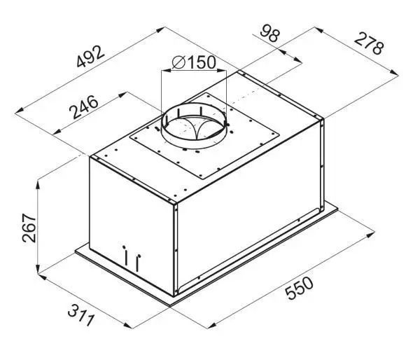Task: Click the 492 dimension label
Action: point(90,57)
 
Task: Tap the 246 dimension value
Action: point(83,106)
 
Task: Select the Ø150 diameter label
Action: point(194,62)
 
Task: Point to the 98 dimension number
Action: point(270,33)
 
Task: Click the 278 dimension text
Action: point(369,43)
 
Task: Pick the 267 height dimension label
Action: point(29,228)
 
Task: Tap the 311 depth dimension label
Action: point(80,315)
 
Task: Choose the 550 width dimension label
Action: point(299,288)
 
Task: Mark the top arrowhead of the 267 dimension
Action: point(38,185)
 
